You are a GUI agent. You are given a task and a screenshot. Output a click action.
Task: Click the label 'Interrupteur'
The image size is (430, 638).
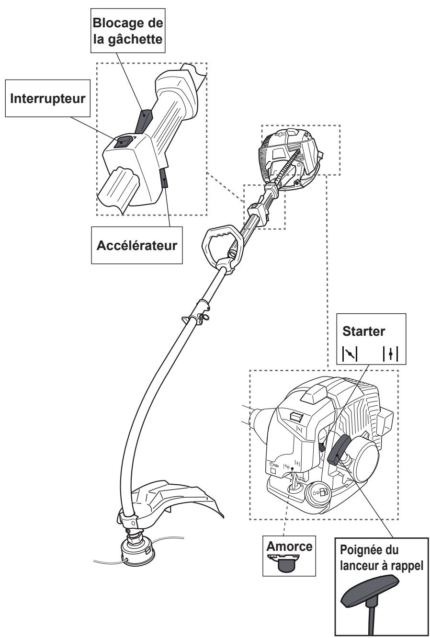[x=47, y=99]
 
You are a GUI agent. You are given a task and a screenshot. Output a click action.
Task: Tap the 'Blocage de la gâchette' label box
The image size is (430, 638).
[x=128, y=31]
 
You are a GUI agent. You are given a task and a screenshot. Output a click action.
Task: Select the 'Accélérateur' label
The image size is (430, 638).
[x=137, y=245]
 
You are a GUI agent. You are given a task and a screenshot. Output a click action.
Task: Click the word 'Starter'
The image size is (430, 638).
[x=363, y=331]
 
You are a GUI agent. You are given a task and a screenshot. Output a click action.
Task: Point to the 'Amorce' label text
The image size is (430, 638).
[x=289, y=547]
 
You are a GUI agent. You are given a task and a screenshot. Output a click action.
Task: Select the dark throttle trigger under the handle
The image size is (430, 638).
[x=164, y=178]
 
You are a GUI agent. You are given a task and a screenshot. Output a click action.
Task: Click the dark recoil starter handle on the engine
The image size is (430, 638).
[x=339, y=450]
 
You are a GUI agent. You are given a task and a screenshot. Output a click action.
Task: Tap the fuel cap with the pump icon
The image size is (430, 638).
[x=318, y=492]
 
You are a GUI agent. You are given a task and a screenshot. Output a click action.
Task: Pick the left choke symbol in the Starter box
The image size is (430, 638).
[x=350, y=354]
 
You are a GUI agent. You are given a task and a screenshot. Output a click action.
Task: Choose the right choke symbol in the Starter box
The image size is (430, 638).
[x=390, y=354]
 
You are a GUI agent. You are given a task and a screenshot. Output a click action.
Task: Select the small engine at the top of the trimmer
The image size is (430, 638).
[x=291, y=158]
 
